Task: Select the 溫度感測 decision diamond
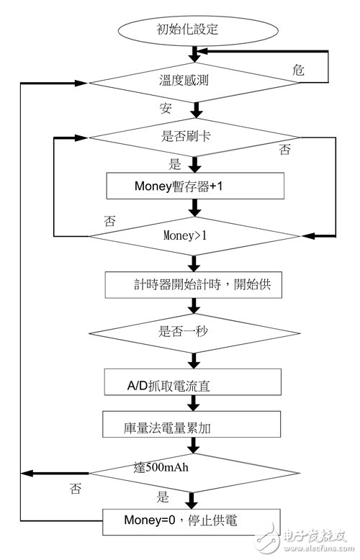194,83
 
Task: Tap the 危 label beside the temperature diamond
299,70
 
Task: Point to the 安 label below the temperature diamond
166,108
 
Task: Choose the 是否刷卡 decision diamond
194,137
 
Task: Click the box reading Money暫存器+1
195,186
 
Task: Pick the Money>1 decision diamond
194,236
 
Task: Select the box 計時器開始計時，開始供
193,285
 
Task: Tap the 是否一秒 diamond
194,333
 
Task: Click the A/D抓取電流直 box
192,381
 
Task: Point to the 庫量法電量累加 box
191,424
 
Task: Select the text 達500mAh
161,466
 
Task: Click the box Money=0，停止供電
192,522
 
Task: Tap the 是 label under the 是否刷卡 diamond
175,165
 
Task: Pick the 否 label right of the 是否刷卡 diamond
284,149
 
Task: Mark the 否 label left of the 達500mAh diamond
76,488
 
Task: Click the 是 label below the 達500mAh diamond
163,497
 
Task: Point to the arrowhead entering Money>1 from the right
308,236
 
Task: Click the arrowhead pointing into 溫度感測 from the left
81,83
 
